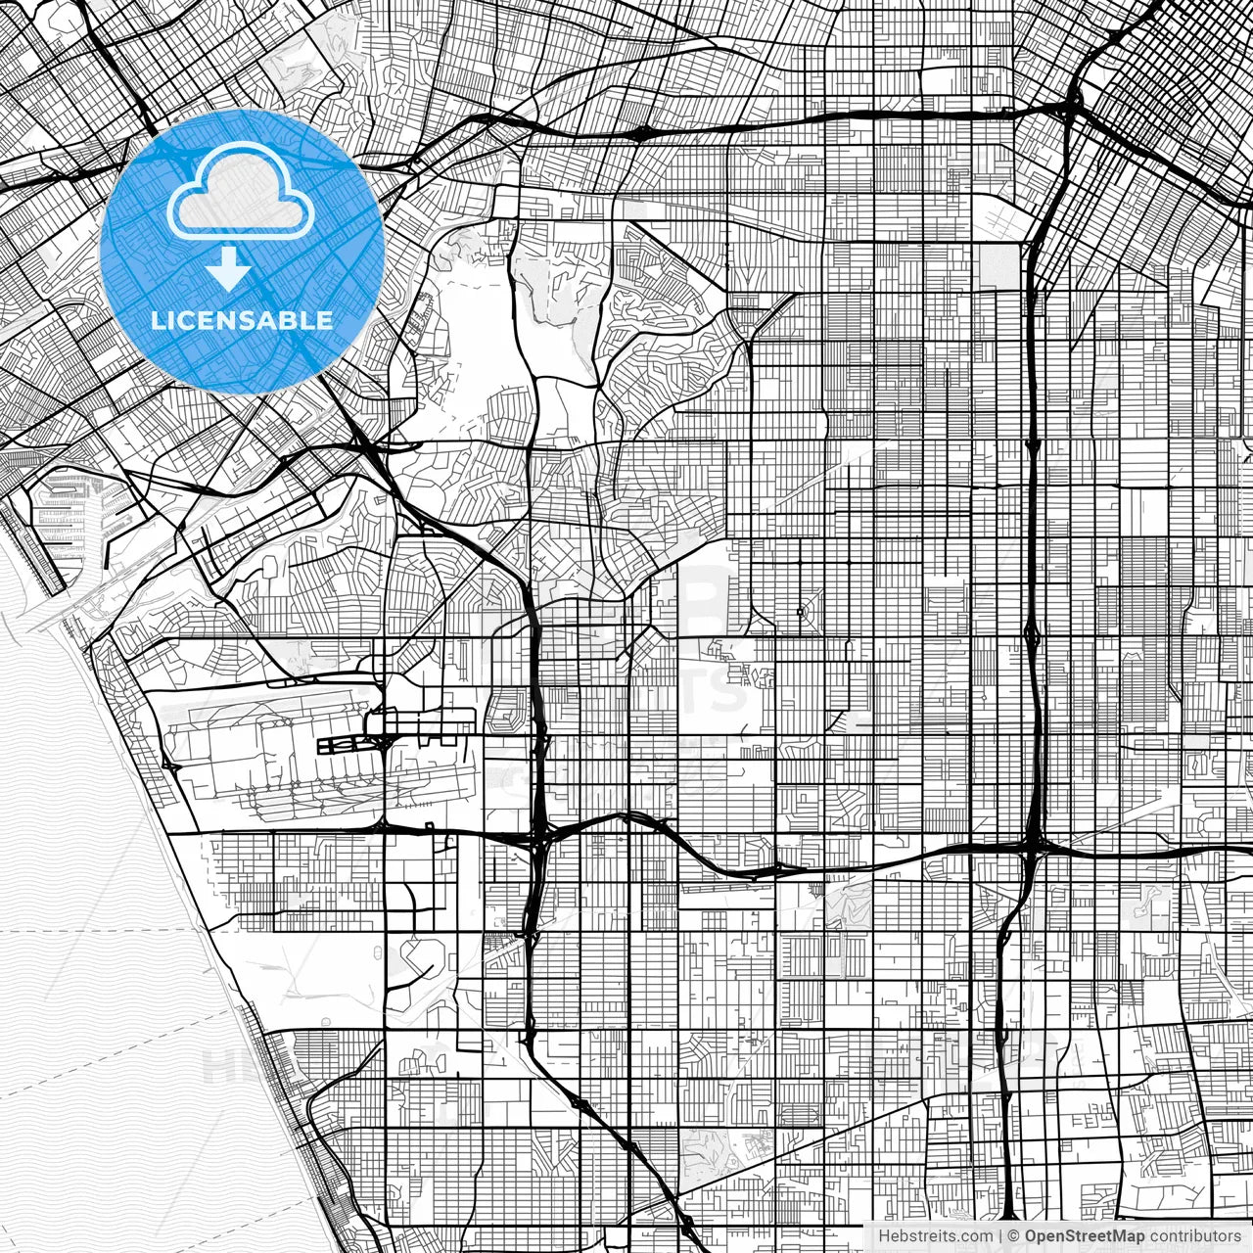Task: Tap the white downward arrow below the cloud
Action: (228, 268)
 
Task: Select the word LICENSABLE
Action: (241, 320)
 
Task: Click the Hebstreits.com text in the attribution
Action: (935, 1236)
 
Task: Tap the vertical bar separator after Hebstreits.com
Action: (999, 1236)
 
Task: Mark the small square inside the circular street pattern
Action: (800, 613)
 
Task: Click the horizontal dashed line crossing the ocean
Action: (98, 930)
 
